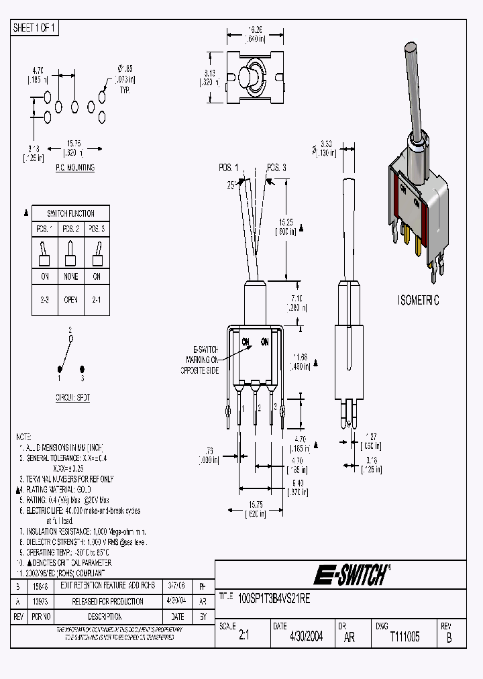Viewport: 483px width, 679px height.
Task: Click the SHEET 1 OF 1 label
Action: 35,28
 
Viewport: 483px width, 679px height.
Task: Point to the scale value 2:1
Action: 244,637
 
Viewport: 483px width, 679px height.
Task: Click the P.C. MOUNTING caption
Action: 74,168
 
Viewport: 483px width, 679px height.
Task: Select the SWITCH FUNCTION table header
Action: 70,213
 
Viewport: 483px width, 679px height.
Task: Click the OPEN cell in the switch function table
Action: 70,301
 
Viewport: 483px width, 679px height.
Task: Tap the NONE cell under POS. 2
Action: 70,276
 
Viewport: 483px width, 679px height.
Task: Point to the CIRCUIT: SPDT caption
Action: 72,397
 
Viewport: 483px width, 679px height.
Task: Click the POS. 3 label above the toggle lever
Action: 276,168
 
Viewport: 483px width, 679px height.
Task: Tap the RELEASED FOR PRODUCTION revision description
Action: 107,601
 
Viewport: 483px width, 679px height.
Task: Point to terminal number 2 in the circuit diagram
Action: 70,330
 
